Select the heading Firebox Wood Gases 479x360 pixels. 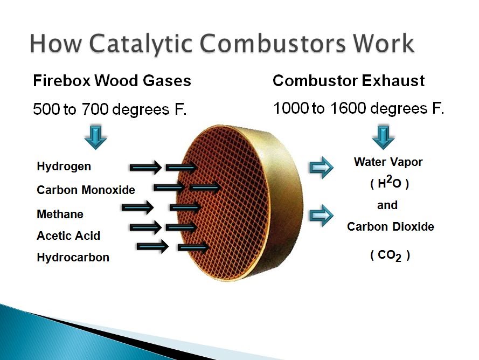click(x=112, y=81)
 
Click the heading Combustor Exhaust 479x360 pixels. click(x=349, y=81)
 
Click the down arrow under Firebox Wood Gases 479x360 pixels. click(x=95, y=137)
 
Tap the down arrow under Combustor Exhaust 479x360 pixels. click(x=384, y=137)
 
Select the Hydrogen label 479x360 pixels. click(x=64, y=167)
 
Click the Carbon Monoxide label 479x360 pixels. click(x=86, y=190)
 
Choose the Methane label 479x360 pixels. click(x=60, y=214)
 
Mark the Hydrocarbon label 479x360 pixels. click(x=73, y=258)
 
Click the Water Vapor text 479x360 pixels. click(x=388, y=162)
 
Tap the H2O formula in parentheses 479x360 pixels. click(x=389, y=183)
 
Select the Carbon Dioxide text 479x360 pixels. click(x=390, y=227)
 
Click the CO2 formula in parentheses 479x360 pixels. click(x=390, y=255)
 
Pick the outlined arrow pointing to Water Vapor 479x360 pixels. click(x=321, y=168)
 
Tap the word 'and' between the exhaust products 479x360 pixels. click(x=387, y=205)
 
